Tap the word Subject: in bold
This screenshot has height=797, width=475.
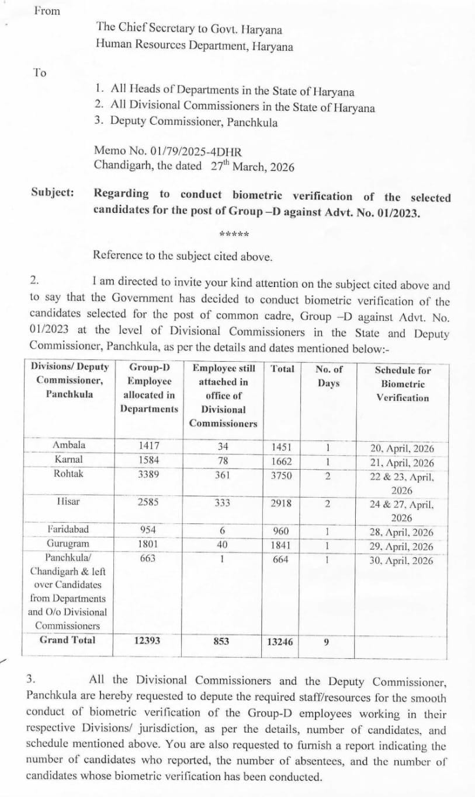pyautogui.click(x=53, y=193)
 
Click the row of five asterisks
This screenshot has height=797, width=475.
pyautogui.click(x=234, y=235)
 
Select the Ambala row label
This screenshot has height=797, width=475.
pyautogui.click(x=68, y=445)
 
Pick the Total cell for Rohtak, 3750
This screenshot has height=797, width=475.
pyautogui.click(x=283, y=475)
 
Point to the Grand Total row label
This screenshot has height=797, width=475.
pyautogui.click(x=67, y=639)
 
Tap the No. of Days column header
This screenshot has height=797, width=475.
pyautogui.click(x=328, y=376)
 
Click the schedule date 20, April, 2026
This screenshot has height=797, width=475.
pyautogui.click(x=402, y=449)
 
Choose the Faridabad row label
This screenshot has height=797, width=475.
pyautogui.click(x=68, y=530)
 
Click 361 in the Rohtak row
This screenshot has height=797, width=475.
pyautogui.click(x=222, y=475)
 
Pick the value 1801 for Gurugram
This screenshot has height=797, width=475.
pyautogui.click(x=148, y=544)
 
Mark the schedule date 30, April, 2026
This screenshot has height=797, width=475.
pyautogui.click(x=402, y=561)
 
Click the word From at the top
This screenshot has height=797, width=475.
pyautogui.click(x=47, y=11)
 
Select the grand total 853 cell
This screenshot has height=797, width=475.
pyautogui.click(x=221, y=641)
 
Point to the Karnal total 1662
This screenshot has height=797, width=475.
pyautogui.click(x=283, y=461)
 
